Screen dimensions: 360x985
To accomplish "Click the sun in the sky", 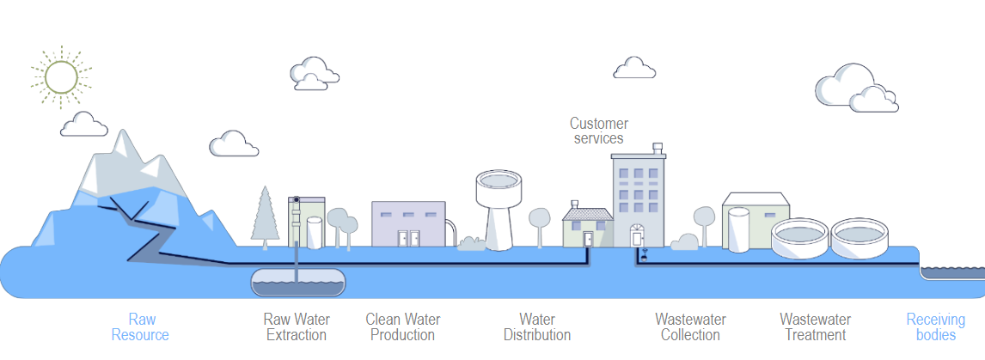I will point(61,77).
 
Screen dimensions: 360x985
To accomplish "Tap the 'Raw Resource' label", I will point(141,327).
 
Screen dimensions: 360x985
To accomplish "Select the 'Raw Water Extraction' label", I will point(297,327).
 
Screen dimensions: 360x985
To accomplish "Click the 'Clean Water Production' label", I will point(403,327).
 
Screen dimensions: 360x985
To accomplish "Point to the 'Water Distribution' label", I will point(537,327).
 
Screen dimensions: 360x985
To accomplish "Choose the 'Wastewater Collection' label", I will point(690,327).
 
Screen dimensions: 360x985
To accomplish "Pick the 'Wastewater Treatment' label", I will point(816,327).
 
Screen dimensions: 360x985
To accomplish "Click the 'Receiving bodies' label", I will point(935,327).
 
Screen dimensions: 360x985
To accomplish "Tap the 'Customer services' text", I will point(598,131).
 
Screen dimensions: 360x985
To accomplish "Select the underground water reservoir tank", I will point(297,280).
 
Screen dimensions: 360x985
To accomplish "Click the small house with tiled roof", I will point(588,225).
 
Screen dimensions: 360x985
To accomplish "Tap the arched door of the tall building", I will point(636,235).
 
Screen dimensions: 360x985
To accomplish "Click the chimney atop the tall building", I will point(658,149).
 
